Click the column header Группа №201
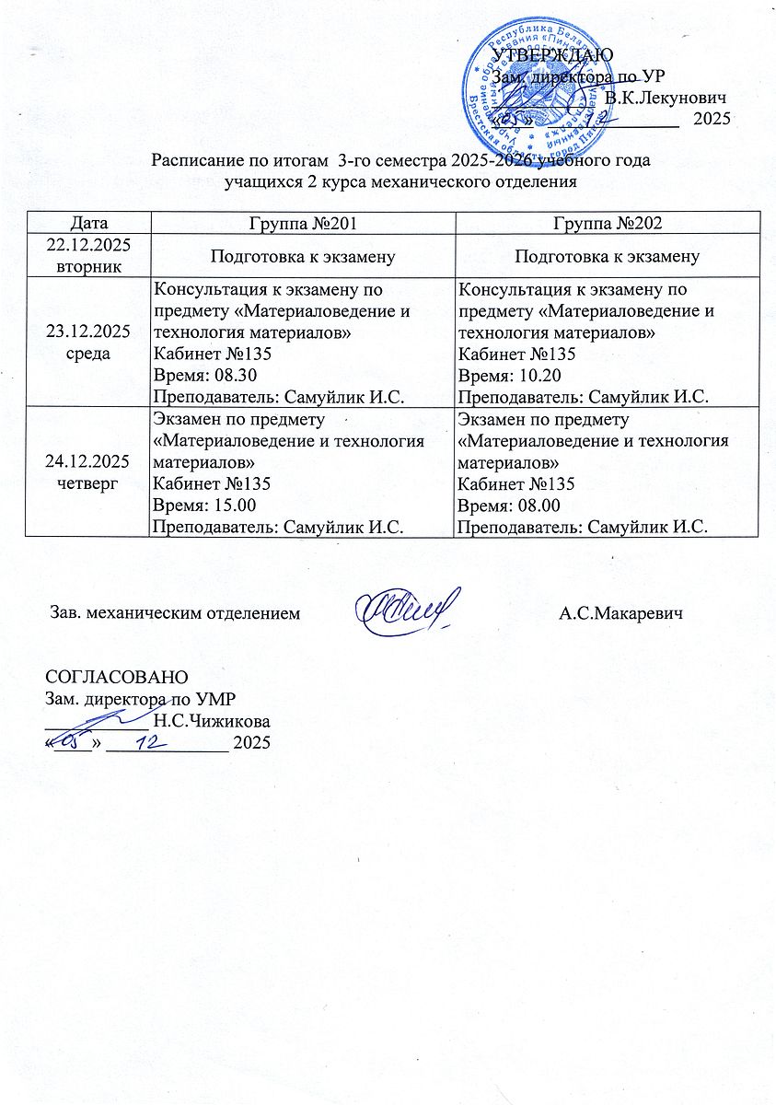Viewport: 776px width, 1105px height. [303, 223]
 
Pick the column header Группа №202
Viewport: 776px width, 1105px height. [608, 223]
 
